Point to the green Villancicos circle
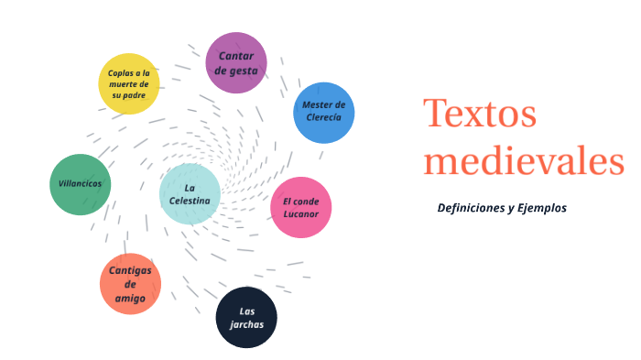pyautogui.click(x=80, y=184)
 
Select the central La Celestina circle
pyautogui.click(x=190, y=193)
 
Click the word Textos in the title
pyautogui.click(x=479, y=114)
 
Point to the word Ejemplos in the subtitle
pyautogui.click(x=542, y=208)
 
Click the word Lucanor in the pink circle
pyautogui.click(x=300, y=215)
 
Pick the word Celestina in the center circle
pyautogui.click(x=190, y=200)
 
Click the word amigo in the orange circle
pyautogui.click(x=130, y=298)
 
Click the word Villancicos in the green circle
pyautogui.click(x=80, y=183)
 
